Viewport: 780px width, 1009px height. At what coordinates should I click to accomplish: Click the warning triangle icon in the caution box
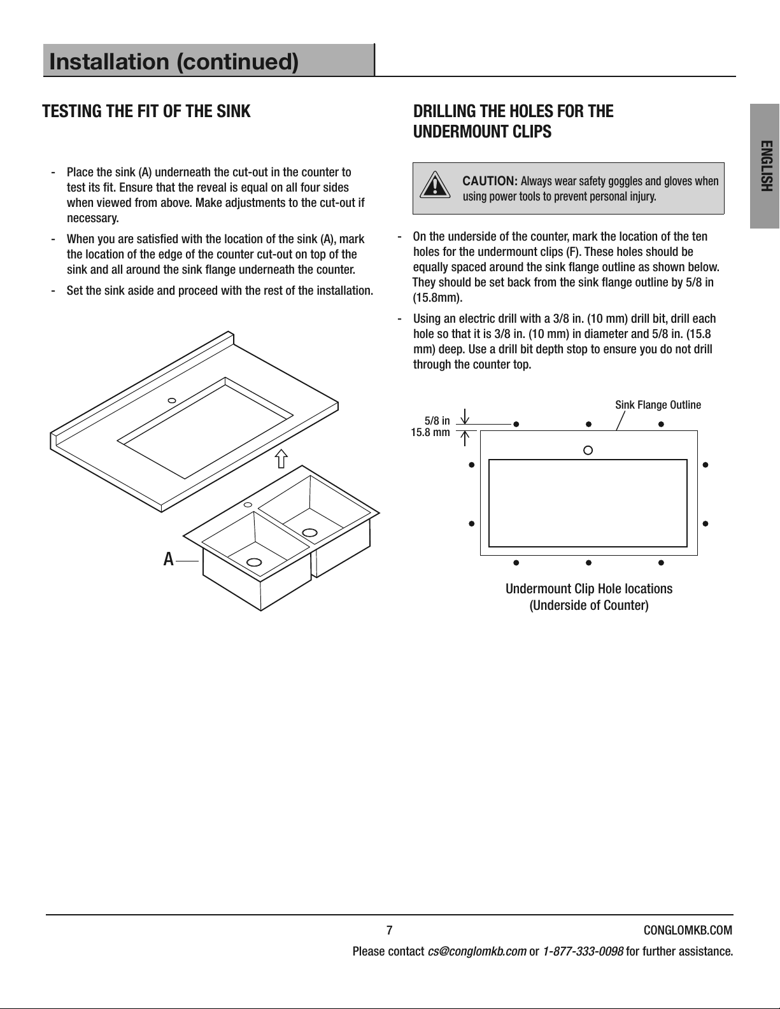pyautogui.click(x=434, y=185)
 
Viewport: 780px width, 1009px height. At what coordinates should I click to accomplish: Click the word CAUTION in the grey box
pyautogui.click(x=490, y=181)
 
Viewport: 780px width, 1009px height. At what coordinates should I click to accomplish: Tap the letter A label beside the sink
pyautogui.click(x=168, y=559)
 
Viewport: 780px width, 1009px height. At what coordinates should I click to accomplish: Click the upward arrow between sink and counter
pyautogui.click(x=281, y=458)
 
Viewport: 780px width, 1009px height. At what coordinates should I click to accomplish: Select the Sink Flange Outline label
pyautogui.click(x=658, y=405)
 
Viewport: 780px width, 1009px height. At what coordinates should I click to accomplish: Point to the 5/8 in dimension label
pyautogui.click(x=437, y=421)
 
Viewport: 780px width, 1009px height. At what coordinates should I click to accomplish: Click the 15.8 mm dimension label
pyautogui.click(x=430, y=433)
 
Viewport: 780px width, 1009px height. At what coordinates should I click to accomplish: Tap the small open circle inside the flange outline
pyautogui.click(x=588, y=451)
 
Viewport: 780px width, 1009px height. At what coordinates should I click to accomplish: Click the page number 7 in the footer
pyautogui.click(x=390, y=930)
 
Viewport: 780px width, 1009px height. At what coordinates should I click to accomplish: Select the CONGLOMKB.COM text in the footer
pyautogui.click(x=688, y=930)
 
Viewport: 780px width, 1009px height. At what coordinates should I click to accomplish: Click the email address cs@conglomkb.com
pyautogui.click(x=477, y=952)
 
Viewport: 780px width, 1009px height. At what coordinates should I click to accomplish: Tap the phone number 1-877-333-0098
pyautogui.click(x=583, y=952)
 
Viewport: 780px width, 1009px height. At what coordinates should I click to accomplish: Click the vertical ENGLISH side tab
pyautogui.click(x=765, y=166)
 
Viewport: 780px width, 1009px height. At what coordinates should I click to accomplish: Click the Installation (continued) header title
pyautogui.click(x=174, y=61)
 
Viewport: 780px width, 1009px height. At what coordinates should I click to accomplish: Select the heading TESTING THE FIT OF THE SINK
pyautogui.click(x=146, y=111)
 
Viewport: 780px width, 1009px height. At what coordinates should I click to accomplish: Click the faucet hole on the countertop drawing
pyautogui.click(x=172, y=400)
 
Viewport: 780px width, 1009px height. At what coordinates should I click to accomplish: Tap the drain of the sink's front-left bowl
pyautogui.click(x=254, y=562)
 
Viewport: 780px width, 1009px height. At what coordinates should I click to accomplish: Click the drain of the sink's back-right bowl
pyautogui.click(x=309, y=532)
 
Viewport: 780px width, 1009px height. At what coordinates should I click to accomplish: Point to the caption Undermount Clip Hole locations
pyautogui.click(x=589, y=589)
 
